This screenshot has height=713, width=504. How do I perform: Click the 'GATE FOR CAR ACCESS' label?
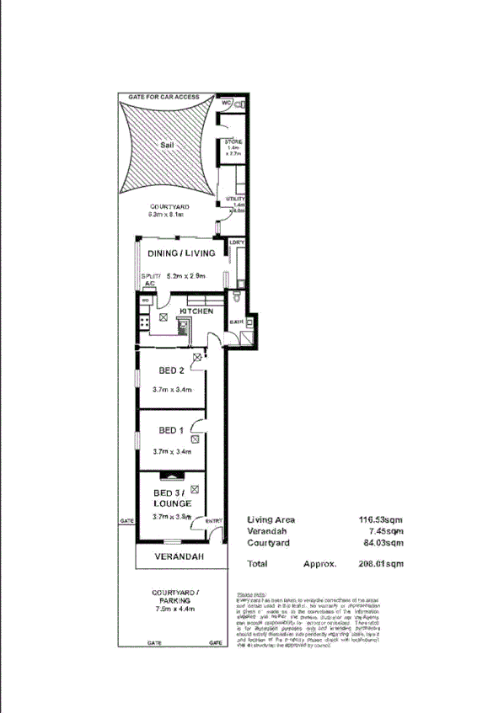point(164,98)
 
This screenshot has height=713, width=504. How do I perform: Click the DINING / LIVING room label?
point(181,253)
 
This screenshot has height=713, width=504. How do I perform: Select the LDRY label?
point(237,243)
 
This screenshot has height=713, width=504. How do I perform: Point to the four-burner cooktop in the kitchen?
point(144,322)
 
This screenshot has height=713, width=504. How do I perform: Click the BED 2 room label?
point(172,370)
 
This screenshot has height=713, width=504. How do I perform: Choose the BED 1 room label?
point(172,430)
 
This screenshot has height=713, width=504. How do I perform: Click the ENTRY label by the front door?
point(213,522)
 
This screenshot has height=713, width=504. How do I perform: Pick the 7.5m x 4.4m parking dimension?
point(175,609)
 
